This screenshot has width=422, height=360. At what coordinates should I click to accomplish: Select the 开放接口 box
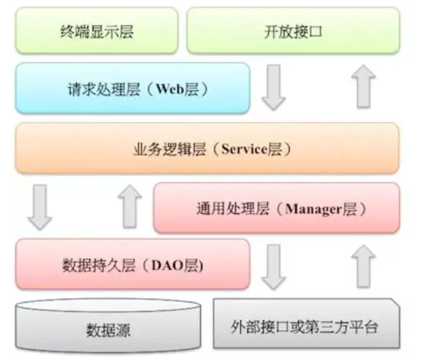click(x=293, y=31)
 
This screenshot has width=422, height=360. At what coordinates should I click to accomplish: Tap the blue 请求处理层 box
click(x=132, y=88)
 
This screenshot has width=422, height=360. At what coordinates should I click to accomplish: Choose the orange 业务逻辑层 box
click(x=207, y=148)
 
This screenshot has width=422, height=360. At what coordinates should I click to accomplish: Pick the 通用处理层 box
click(x=276, y=207)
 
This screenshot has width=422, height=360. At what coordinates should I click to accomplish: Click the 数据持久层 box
click(x=132, y=264)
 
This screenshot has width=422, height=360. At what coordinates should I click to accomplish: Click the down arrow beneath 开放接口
click(x=273, y=87)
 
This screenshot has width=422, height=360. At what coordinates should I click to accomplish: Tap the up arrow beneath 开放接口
click(x=364, y=87)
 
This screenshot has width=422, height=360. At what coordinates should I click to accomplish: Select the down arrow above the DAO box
click(x=39, y=206)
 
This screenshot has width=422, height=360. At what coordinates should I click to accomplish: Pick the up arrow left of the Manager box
click(x=129, y=206)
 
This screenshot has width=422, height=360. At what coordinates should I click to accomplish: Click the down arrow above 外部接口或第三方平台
click(x=273, y=266)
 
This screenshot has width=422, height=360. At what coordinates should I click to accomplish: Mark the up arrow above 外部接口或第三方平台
click(x=364, y=266)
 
